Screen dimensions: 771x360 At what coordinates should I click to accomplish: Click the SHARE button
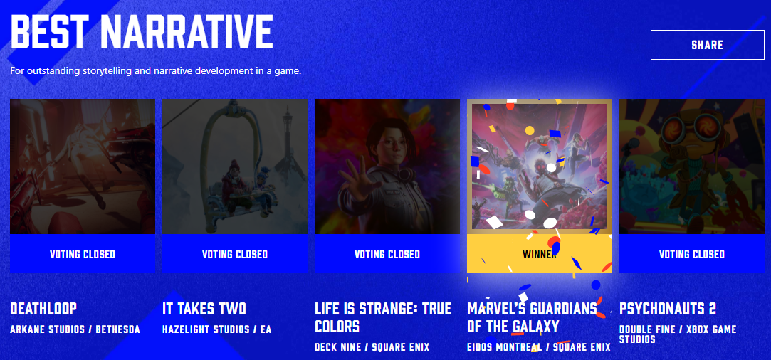tap(707, 45)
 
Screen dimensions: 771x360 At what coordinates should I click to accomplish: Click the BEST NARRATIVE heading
tap(142, 32)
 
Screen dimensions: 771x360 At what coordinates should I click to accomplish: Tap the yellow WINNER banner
tap(540, 253)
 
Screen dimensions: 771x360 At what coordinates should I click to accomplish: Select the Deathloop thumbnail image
tap(83, 166)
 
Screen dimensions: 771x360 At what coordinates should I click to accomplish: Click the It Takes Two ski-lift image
tap(235, 166)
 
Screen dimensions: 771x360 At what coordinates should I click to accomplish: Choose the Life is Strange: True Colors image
tap(387, 166)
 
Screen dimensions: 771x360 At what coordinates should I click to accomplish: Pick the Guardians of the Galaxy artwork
tap(540, 166)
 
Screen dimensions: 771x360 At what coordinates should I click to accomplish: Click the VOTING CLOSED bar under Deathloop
tap(83, 253)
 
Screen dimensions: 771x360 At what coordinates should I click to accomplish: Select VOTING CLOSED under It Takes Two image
tap(235, 253)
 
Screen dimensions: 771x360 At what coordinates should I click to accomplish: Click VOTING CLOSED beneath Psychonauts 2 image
tap(692, 253)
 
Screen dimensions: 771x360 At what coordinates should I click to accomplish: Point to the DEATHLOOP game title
tap(43, 309)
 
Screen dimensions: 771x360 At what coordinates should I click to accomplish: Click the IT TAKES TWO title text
tap(204, 309)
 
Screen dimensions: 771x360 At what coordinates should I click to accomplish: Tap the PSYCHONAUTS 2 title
tap(668, 309)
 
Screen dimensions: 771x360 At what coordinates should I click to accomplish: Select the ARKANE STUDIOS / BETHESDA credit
tap(75, 329)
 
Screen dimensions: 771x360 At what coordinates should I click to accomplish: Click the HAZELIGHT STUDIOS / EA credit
tap(217, 329)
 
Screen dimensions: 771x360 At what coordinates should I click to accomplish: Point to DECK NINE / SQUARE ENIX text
tap(372, 347)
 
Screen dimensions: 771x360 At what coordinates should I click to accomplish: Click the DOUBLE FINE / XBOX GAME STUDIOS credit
tap(678, 334)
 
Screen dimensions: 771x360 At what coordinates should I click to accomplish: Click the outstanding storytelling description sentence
tap(155, 70)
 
